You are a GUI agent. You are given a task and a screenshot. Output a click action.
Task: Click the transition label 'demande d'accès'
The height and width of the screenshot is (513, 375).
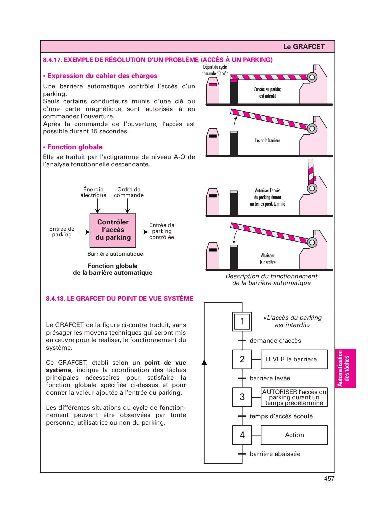coord(275,341)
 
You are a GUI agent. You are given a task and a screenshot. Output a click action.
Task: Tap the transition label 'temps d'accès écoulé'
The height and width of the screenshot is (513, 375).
coord(281,416)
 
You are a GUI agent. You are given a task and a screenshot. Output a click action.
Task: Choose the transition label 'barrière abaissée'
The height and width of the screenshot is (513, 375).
coord(275,454)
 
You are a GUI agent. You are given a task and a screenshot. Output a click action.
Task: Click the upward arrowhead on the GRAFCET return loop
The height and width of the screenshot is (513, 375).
coord(204,362)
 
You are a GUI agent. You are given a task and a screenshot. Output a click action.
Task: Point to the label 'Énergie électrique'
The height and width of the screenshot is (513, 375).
coord(93,192)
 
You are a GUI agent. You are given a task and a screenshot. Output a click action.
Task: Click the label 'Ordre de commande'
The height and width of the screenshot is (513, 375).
coord(129,192)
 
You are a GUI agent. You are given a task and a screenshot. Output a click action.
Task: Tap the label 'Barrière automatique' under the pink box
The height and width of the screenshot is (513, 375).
coord(115,254)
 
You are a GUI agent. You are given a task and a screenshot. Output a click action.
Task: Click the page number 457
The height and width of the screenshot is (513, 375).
coord(329,478)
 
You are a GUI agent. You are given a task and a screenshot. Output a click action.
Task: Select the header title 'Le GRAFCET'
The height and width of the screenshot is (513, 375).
coord(304,47)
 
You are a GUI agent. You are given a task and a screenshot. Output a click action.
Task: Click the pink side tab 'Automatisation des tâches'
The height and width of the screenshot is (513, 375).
coord(345,368)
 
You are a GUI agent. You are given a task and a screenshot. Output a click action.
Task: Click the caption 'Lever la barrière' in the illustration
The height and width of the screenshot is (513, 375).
coord(268,140)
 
